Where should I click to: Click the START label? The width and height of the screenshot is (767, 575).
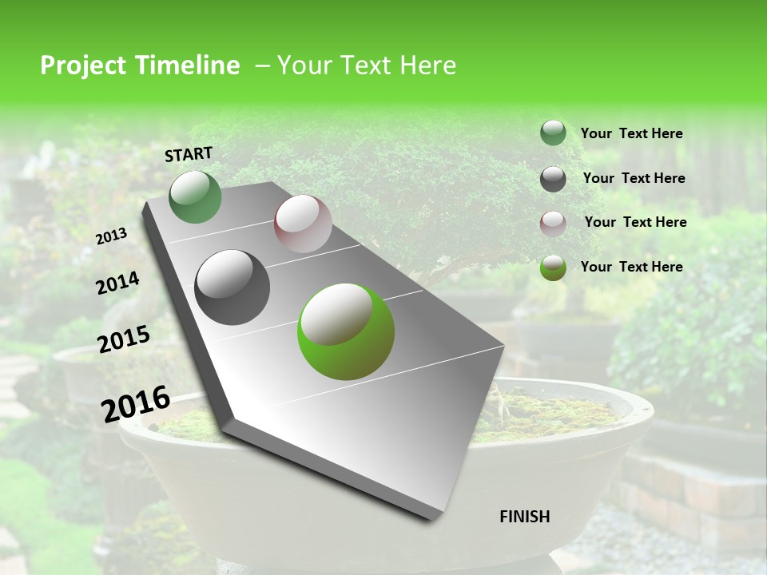[189, 153]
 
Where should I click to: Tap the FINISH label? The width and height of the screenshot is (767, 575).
[524, 517]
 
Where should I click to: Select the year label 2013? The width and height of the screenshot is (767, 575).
[112, 236]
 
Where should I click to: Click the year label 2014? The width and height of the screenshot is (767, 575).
[117, 283]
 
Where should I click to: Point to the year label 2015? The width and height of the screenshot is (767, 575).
[123, 339]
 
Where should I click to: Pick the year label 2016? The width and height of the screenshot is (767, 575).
[136, 403]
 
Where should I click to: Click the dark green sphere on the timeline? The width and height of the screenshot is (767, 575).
[195, 197]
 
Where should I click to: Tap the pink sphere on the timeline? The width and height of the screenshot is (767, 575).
[303, 224]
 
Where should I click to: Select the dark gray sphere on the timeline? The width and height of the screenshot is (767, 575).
[232, 287]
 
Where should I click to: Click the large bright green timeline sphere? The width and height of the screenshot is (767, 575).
[346, 331]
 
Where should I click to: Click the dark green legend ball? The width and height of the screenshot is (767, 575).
[553, 133]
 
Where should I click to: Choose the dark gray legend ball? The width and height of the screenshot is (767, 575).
[553, 178]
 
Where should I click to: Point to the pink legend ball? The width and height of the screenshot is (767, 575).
[553, 223]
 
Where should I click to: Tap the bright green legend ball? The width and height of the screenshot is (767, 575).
[553, 268]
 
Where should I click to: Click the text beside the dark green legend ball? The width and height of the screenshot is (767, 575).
[631, 133]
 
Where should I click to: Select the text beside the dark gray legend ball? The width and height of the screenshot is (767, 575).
[634, 178]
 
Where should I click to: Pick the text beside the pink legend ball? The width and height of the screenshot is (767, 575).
[635, 222]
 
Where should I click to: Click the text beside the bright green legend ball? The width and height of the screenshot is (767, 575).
[631, 267]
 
